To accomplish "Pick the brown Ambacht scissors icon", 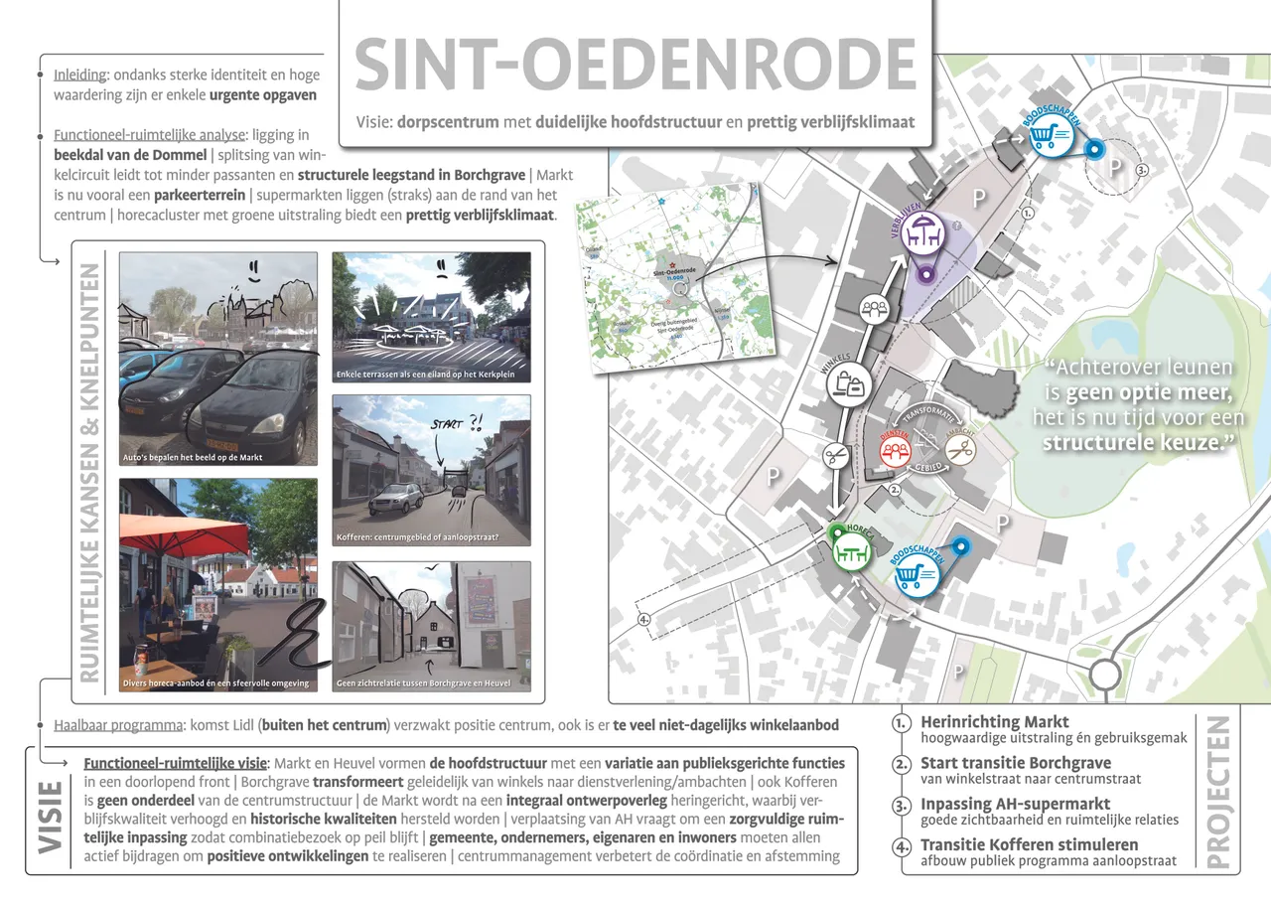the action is (x=959, y=449).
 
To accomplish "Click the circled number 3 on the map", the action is (x=1142, y=170).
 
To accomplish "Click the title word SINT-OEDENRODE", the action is (x=635, y=65).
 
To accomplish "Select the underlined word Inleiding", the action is (x=80, y=75).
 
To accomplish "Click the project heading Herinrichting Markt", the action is (x=995, y=722).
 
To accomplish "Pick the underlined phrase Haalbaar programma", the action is (x=116, y=724).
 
